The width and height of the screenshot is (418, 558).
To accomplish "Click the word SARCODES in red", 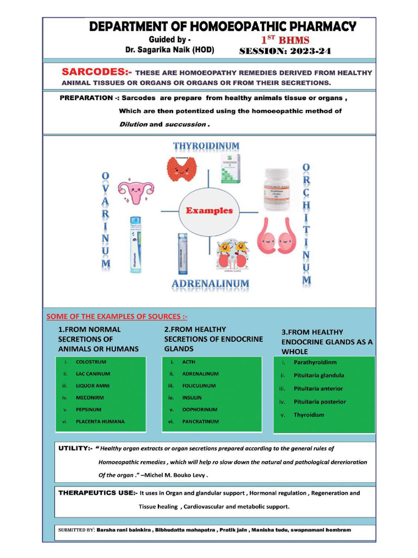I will coord(93,72).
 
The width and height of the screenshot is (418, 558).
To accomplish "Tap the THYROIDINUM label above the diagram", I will coord(206,146).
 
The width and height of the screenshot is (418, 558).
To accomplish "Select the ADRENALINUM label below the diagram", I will coord(210,284).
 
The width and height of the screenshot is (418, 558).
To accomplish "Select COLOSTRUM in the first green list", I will coord(91,362).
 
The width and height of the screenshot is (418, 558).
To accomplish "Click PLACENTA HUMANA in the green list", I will coord(100,421).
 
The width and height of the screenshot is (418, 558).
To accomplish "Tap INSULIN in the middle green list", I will coord(192,398).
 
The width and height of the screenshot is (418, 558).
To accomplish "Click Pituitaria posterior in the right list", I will coord(319,402).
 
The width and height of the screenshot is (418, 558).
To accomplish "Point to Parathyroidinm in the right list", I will coord(315,362).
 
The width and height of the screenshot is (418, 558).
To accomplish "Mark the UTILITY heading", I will coord(76,448).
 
